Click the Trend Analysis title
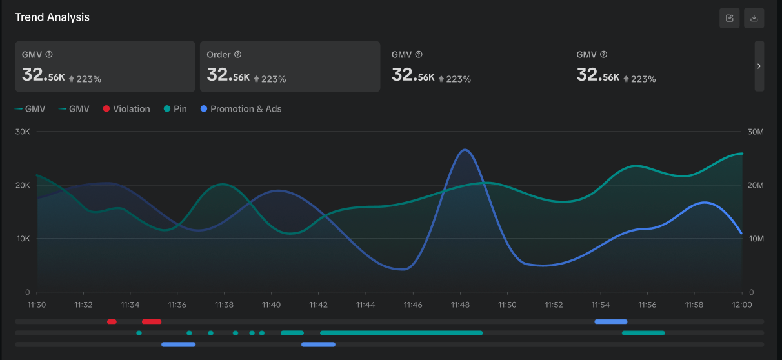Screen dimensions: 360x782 [52, 17]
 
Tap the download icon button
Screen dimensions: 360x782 [754, 18]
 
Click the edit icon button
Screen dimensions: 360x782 [730, 18]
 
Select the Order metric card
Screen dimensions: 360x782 [290, 66]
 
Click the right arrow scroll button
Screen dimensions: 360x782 [759, 66]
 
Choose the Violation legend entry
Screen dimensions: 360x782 [126, 109]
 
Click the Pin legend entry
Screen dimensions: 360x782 [175, 109]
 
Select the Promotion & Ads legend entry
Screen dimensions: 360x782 [241, 109]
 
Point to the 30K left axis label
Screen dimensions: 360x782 [23, 132]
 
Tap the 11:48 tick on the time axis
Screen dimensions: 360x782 [460, 305]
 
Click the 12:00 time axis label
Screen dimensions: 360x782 [742, 305]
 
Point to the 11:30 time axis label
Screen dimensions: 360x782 [37, 305]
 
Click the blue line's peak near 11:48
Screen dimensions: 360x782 [465, 150]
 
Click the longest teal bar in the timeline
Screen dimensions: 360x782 [401, 333]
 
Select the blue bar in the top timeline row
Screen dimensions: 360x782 [610, 321]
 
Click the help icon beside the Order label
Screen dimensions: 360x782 [237, 55]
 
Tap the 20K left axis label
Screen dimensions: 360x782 [23, 185]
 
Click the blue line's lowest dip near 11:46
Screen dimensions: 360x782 [403, 269]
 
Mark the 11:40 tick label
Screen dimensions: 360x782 [272, 305]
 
